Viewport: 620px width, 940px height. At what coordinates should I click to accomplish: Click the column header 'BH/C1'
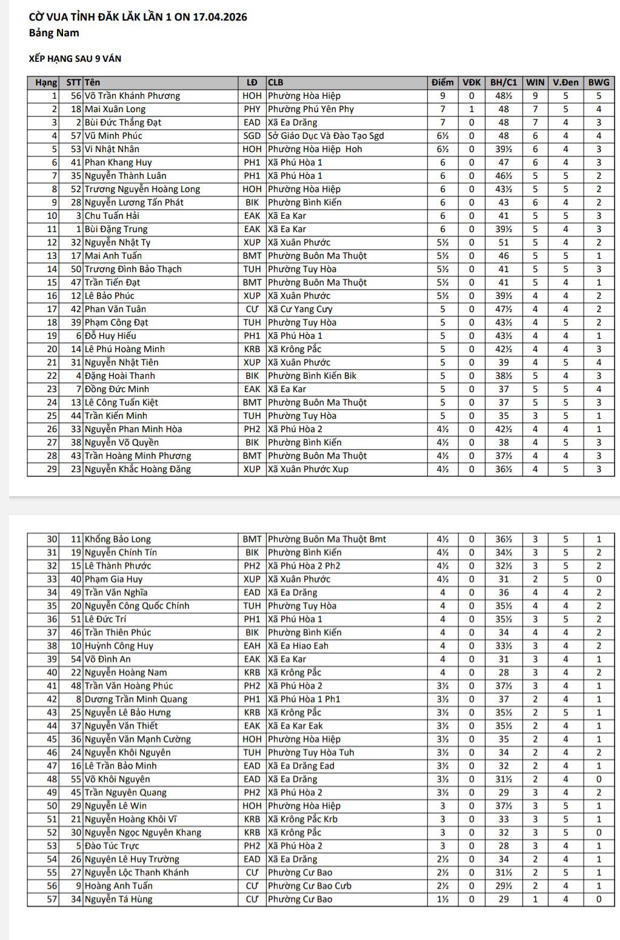click(504, 82)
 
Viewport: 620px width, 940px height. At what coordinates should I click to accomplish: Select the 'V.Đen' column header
click(565, 82)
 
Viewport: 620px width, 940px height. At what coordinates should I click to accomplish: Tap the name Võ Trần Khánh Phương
click(132, 96)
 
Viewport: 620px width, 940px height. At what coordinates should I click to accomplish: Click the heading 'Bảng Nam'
click(54, 33)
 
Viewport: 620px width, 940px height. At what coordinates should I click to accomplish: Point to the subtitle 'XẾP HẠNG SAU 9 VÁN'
click(75, 59)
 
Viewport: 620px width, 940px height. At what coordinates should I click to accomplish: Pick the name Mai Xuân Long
click(115, 109)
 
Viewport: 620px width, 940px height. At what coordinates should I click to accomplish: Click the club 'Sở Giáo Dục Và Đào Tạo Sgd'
click(325, 136)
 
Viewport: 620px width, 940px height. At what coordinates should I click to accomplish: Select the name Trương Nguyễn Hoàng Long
click(142, 189)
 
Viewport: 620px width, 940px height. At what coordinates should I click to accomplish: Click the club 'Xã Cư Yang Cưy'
click(300, 309)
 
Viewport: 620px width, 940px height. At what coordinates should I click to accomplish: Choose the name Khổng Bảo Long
click(118, 539)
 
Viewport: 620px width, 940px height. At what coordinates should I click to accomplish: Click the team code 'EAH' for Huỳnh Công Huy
click(252, 646)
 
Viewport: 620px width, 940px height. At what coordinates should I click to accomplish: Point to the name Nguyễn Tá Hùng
click(118, 899)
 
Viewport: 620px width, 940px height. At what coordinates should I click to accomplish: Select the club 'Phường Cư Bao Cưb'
click(309, 886)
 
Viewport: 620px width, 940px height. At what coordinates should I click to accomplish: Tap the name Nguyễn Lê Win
click(116, 806)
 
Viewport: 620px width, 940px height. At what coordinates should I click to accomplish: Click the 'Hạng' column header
click(45, 82)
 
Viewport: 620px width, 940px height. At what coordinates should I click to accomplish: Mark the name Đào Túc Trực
click(112, 846)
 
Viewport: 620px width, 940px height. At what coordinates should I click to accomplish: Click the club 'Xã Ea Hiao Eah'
click(298, 646)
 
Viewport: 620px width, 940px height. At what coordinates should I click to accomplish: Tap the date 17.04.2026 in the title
click(219, 17)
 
